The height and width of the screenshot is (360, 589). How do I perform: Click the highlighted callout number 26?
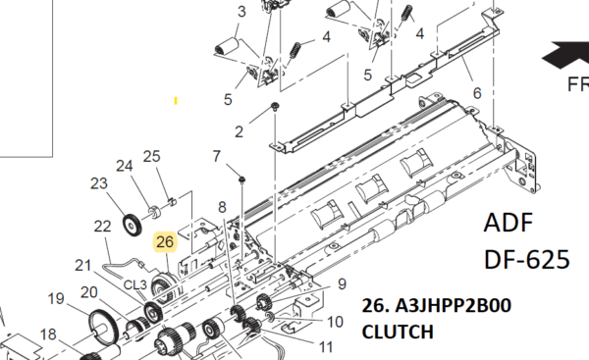165,241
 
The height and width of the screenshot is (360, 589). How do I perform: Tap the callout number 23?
99,183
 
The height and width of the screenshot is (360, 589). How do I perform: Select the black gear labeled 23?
132,226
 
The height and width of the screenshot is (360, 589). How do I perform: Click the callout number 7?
216,156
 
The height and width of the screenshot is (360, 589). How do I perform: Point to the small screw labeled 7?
242,180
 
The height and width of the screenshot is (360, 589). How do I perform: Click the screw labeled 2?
275,107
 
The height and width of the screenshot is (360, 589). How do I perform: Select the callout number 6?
477,93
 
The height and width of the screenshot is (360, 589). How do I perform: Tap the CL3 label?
135,284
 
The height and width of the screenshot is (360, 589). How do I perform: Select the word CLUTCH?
398,332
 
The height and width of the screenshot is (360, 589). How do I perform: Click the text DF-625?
527,259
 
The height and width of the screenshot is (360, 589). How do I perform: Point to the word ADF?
509,223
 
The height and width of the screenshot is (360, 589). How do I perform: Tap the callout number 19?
56,299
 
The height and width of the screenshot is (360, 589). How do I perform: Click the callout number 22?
102,227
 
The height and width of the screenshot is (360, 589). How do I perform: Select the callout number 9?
342,284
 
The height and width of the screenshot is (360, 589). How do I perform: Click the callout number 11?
325,347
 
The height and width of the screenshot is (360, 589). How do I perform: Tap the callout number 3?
241,11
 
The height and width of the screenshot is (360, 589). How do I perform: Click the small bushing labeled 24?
154,213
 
